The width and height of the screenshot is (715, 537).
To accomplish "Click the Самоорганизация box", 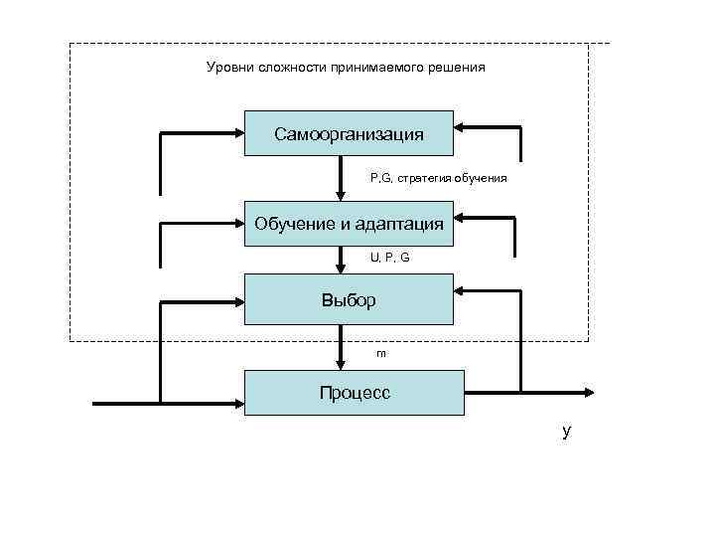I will (x=349, y=133).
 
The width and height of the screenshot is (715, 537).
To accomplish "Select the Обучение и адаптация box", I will (x=349, y=223).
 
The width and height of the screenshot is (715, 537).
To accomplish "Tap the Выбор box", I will (x=349, y=299).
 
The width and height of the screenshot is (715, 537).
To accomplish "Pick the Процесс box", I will (x=355, y=393).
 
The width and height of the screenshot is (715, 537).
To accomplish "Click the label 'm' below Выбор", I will (x=380, y=352).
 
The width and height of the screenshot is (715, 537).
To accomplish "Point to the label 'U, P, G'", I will (x=389, y=257).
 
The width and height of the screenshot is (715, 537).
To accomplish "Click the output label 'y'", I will (x=566, y=432).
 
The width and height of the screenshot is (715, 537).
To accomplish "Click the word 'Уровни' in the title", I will (x=226, y=68).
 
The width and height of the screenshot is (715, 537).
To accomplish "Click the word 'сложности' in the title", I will (x=283, y=68).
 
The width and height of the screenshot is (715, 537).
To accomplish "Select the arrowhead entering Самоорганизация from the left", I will (x=239, y=133).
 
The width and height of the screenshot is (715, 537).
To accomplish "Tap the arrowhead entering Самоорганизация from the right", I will (x=460, y=127).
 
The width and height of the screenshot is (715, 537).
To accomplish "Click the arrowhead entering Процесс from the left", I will (x=239, y=404).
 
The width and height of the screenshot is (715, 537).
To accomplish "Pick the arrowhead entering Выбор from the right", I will (x=460, y=290).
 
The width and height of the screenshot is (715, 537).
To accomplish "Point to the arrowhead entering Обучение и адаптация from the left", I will (x=239, y=224).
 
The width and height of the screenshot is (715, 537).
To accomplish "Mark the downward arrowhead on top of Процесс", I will (x=341, y=364).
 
